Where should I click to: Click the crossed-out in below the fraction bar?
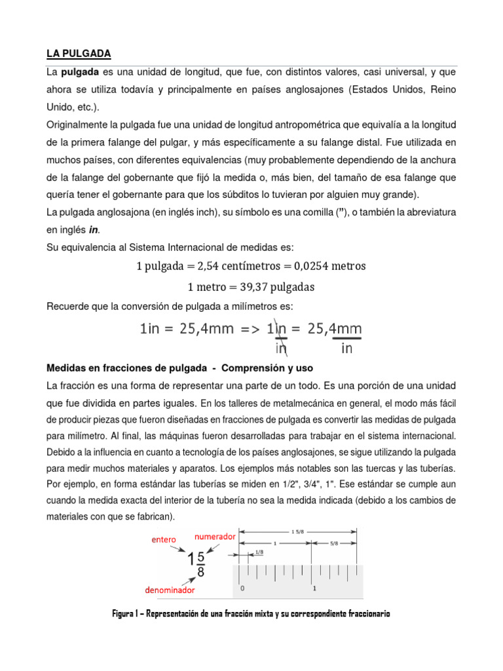(281, 348)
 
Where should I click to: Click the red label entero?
(164, 540)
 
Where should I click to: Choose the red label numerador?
(214, 536)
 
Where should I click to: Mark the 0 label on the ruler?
(242, 588)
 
